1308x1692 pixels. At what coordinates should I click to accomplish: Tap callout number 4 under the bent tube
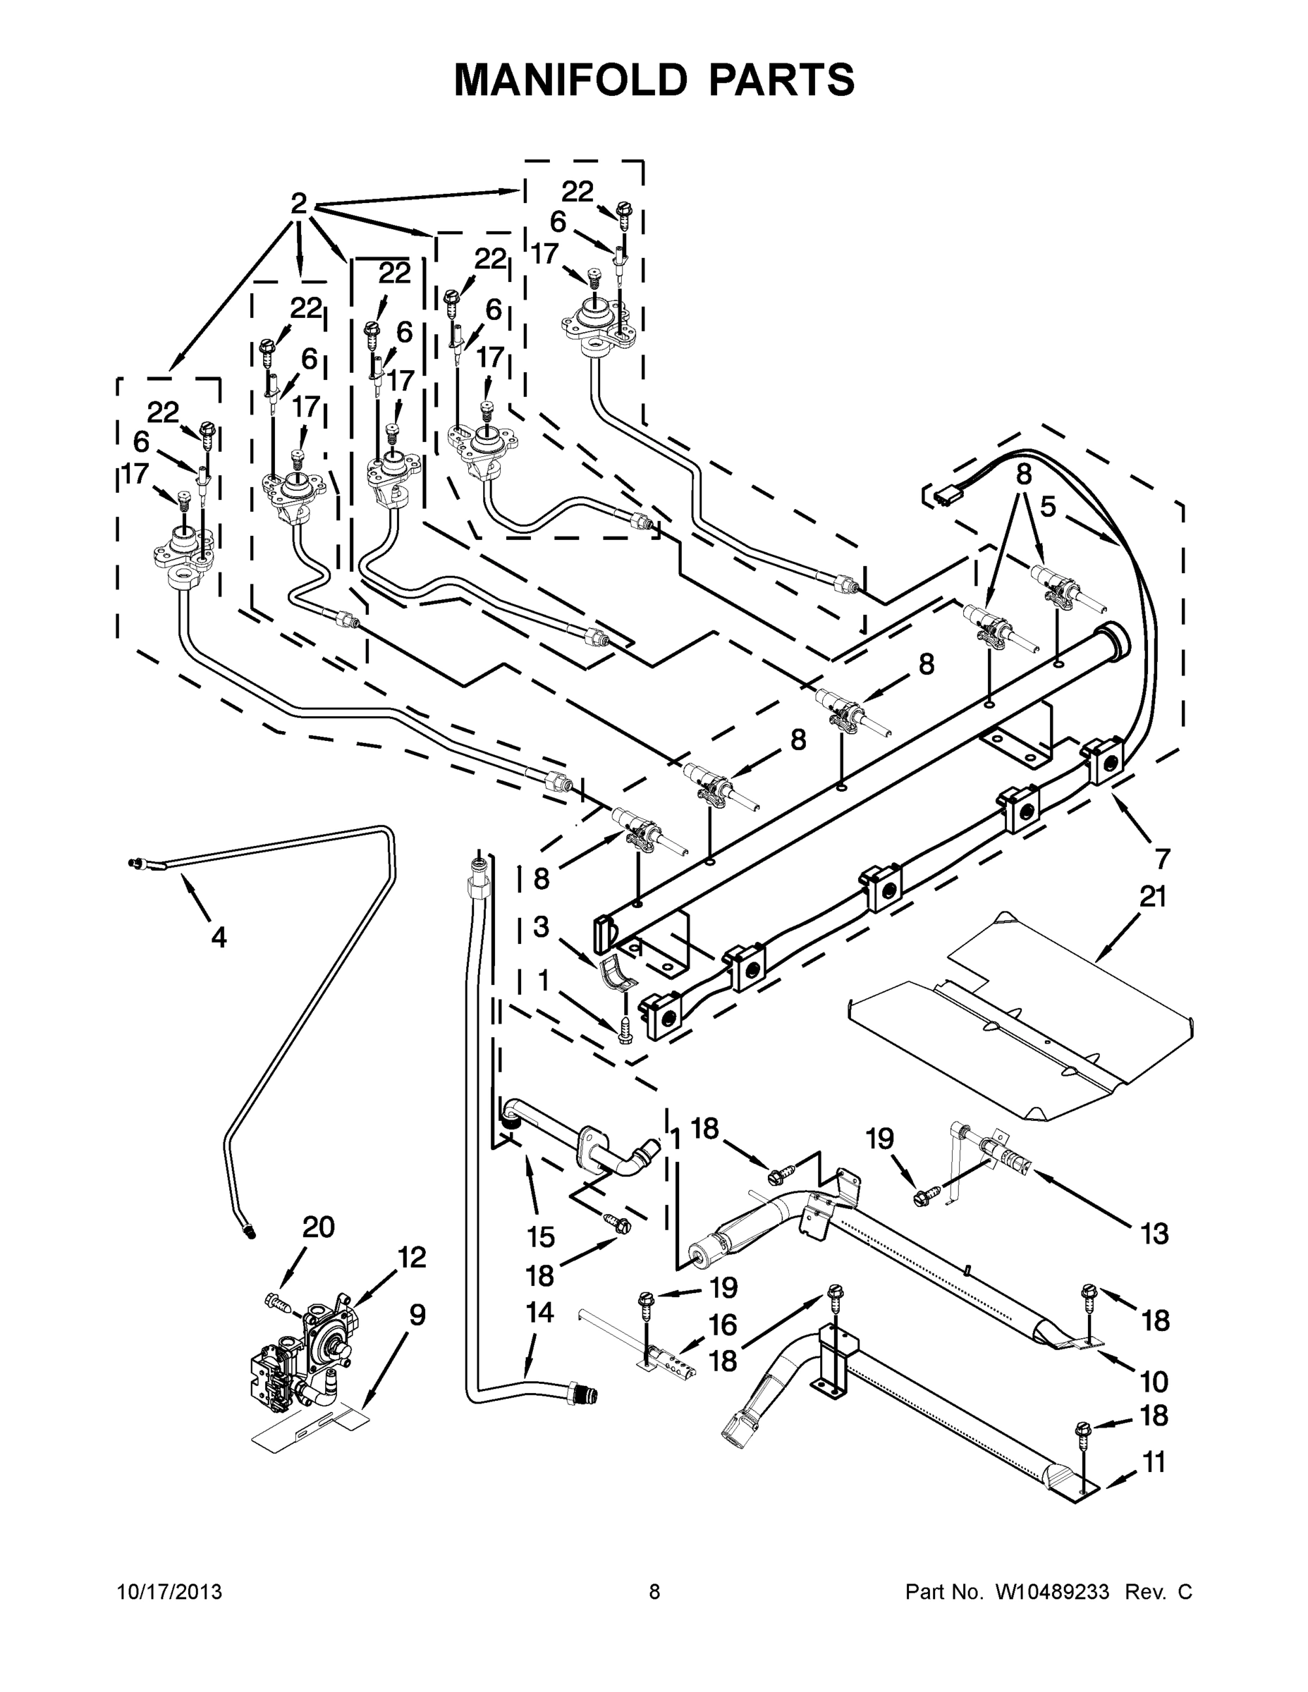(219, 938)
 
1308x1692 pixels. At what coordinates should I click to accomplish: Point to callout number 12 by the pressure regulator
(412, 1258)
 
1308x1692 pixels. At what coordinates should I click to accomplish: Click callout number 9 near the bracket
(417, 1315)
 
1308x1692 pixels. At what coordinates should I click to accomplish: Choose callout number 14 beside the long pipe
(540, 1313)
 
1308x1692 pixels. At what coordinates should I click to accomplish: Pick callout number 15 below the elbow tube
(540, 1237)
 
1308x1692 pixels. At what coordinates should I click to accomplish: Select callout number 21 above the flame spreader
(1152, 897)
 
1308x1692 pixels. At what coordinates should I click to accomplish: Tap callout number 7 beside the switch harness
(1161, 859)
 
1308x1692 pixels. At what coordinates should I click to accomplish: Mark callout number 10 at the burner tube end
(1154, 1381)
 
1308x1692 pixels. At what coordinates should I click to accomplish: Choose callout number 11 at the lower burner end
(1154, 1463)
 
